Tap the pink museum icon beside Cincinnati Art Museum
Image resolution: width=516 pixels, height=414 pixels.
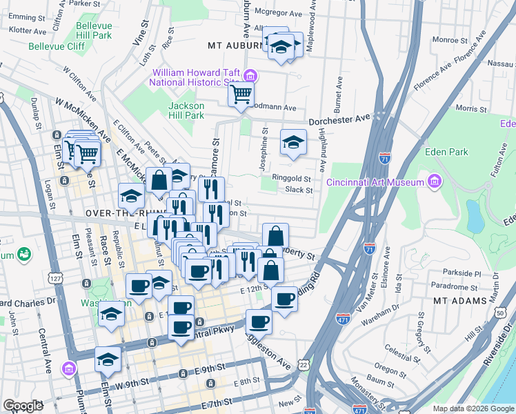click(x=435, y=182)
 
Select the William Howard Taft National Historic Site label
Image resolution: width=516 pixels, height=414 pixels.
click(x=197, y=77)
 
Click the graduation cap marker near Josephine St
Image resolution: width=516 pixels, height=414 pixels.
click(x=293, y=143)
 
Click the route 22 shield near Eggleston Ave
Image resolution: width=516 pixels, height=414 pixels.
click(x=304, y=364)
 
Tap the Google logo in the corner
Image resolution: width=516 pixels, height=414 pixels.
click(x=23, y=406)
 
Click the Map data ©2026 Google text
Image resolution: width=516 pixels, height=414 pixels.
click(x=473, y=408)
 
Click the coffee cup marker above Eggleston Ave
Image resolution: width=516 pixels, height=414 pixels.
click(x=259, y=321)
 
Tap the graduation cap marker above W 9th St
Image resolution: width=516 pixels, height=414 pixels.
click(x=108, y=359)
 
